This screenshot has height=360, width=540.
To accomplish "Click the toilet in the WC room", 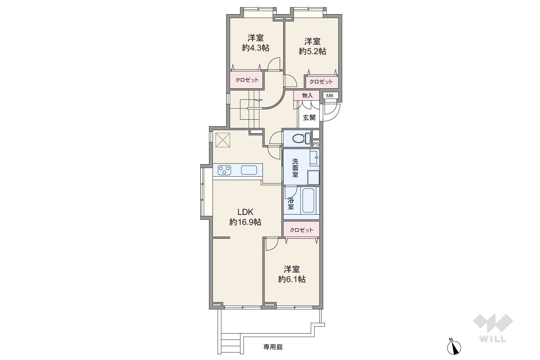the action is [x=301, y=138].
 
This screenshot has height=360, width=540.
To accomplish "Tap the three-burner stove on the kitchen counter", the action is [x=225, y=170].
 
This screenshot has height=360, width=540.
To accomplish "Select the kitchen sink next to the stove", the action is [x=249, y=170].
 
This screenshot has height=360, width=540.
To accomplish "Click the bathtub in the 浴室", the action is [x=308, y=200].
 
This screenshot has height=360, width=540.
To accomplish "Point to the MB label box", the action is [x=330, y=96].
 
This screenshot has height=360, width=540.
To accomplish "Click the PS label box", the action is [x=316, y=144].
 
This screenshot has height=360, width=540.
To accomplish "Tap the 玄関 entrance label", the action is [x=309, y=117].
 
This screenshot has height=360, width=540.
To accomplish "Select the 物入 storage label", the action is [x=307, y=96].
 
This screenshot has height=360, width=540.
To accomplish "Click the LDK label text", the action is [x=245, y=212].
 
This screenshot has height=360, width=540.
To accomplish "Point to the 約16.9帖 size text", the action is [x=245, y=222].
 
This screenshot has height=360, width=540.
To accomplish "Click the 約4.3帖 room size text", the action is [x=255, y=48].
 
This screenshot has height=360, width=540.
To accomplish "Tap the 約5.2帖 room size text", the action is [x=313, y=51].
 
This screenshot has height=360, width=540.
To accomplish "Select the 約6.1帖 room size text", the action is [x=292, y=279].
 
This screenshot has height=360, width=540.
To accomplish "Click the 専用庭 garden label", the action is [x=273, y=347].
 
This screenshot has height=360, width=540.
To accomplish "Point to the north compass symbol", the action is [x=454, y=347].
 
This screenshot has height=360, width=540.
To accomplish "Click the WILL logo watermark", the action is [x=493, y=328].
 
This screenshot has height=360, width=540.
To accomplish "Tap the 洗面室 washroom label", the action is [x=295, y=167].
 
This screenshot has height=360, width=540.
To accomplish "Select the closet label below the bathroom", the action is [x=301, y=230].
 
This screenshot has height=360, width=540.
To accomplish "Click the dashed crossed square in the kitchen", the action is [x=223, y=140].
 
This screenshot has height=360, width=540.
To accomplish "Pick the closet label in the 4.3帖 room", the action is [x=247, y=80].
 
